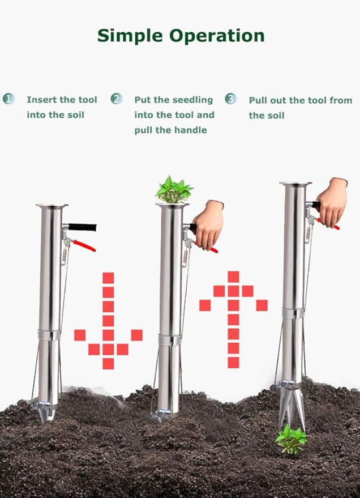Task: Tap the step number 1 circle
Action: (x=8, y=99)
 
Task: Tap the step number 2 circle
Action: (x=117, y=99)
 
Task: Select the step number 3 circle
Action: (x=230, y=99)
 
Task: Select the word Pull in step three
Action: (x=259, y=100)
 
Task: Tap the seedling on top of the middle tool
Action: (x=174, y=190)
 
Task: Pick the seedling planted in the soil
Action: (x=291, y=439)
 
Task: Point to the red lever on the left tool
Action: (x=84, y=245)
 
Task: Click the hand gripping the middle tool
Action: (x=208, y=223)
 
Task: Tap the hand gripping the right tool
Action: (x=332, y=202)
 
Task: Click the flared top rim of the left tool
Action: (x=52, y=206)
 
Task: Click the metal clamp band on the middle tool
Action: (x=169, y=340)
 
